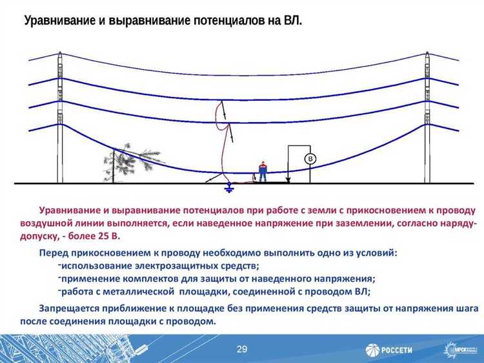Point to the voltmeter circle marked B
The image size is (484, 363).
(x=310, y=159)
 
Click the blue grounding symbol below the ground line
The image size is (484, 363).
(x=227, y=189)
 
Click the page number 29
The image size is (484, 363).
(x=242, y=349)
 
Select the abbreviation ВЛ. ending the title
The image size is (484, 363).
(x=292, y=21)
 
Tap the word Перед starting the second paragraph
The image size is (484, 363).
(x=53, y=253)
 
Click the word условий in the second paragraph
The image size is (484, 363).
(x=379, y=253)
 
